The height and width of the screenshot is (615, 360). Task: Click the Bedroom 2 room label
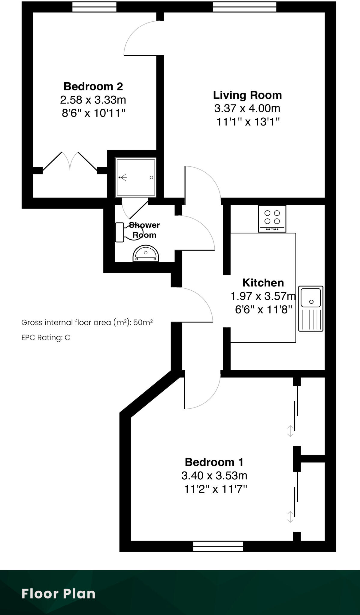pos(93,86)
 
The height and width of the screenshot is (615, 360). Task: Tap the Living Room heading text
pos(247,95)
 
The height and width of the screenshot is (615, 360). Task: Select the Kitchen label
pos(263,283)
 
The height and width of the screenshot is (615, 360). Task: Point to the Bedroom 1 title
pos(214,462)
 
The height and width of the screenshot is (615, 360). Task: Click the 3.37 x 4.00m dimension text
pos(247,108)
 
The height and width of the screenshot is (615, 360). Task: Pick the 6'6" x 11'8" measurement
pos(263,309)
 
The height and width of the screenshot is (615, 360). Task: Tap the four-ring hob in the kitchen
pos(272,219)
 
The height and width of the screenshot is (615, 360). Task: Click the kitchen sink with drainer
pos(311,308)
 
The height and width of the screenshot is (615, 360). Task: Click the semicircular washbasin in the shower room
pos(146,254)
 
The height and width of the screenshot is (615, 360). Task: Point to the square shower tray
pos(136,178)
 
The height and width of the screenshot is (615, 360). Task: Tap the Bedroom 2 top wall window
pos(94,7)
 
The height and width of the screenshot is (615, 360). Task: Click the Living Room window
pos(244,7)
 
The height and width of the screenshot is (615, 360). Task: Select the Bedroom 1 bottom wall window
pos(218,546)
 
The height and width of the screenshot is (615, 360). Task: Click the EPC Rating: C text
pos(46,338)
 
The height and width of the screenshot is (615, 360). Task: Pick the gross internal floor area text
pos(87,323)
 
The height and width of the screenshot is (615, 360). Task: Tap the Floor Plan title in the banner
pos(59,594)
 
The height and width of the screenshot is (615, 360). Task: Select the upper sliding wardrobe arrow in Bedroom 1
pos(290,431)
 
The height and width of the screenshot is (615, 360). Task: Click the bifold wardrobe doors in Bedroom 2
pos(70,162)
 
